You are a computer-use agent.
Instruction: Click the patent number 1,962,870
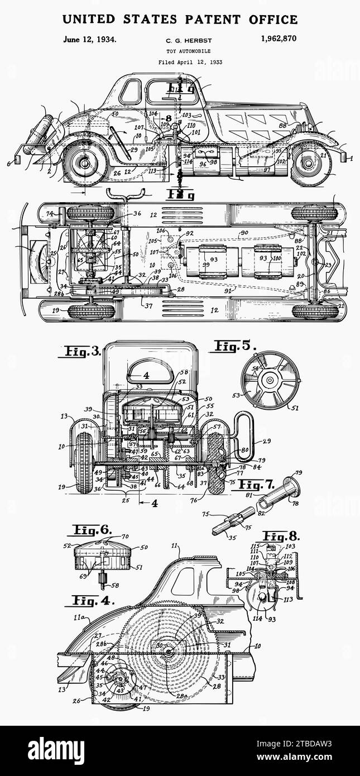(x=278, y=39)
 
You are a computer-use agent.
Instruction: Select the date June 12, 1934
(x=90, y=39)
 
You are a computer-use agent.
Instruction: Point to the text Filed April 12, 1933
(x=190, y=62)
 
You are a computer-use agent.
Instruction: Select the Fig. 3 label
(x=81, y=352)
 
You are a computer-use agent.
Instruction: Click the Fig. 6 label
(x=92, y=529)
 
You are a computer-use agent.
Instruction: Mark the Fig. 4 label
(x=90, y=601)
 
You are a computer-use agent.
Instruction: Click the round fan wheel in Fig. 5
(x=270, y=380)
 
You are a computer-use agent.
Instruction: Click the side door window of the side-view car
(x=131, y=92)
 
